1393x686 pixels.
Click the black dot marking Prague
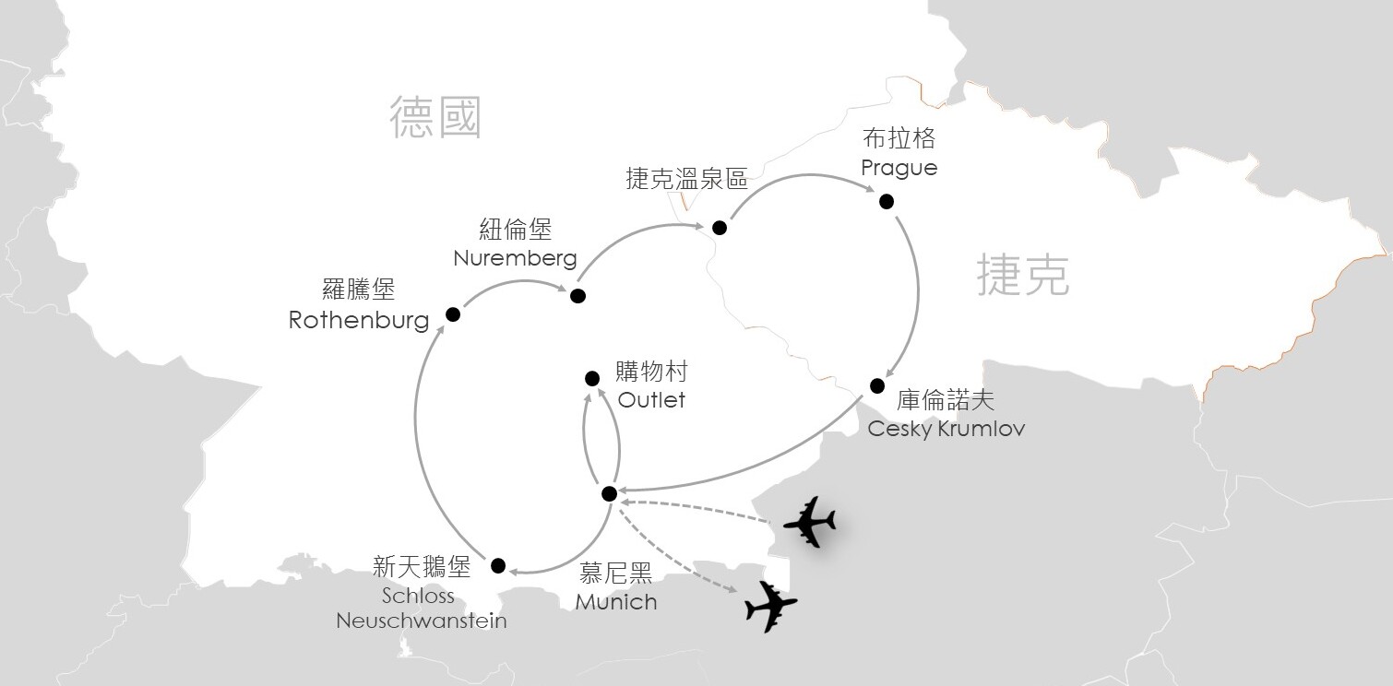[887, 201]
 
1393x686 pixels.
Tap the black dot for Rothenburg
[453, 314]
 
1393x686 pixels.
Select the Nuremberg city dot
[577, 296]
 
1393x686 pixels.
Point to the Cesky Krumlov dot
[876, 385]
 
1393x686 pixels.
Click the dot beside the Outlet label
[592, 378]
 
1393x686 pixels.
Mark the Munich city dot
[610, 493]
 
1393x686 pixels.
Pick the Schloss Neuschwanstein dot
[498, 565]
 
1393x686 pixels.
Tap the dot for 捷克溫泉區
[720, 228]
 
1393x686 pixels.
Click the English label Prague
[899, 169]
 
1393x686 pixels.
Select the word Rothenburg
[359, 320]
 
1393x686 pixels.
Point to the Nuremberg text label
[515, 258]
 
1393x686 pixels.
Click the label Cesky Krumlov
[946, 429]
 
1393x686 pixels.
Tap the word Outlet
[651, 399]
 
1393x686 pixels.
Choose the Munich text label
[615, 601]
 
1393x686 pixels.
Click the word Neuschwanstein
[422, 621]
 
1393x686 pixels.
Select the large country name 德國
[435, 117]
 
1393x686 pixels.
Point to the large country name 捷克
[1023, 275]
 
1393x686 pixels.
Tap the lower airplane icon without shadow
[771, 607]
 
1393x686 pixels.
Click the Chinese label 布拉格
[899, 138]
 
